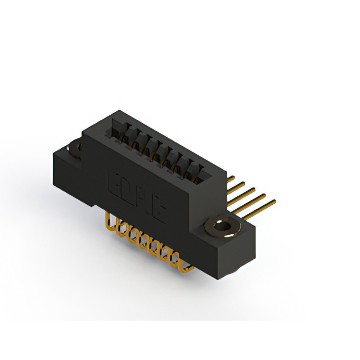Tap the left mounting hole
[x=74, y=149]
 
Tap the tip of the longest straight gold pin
[x=275, y=201]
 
